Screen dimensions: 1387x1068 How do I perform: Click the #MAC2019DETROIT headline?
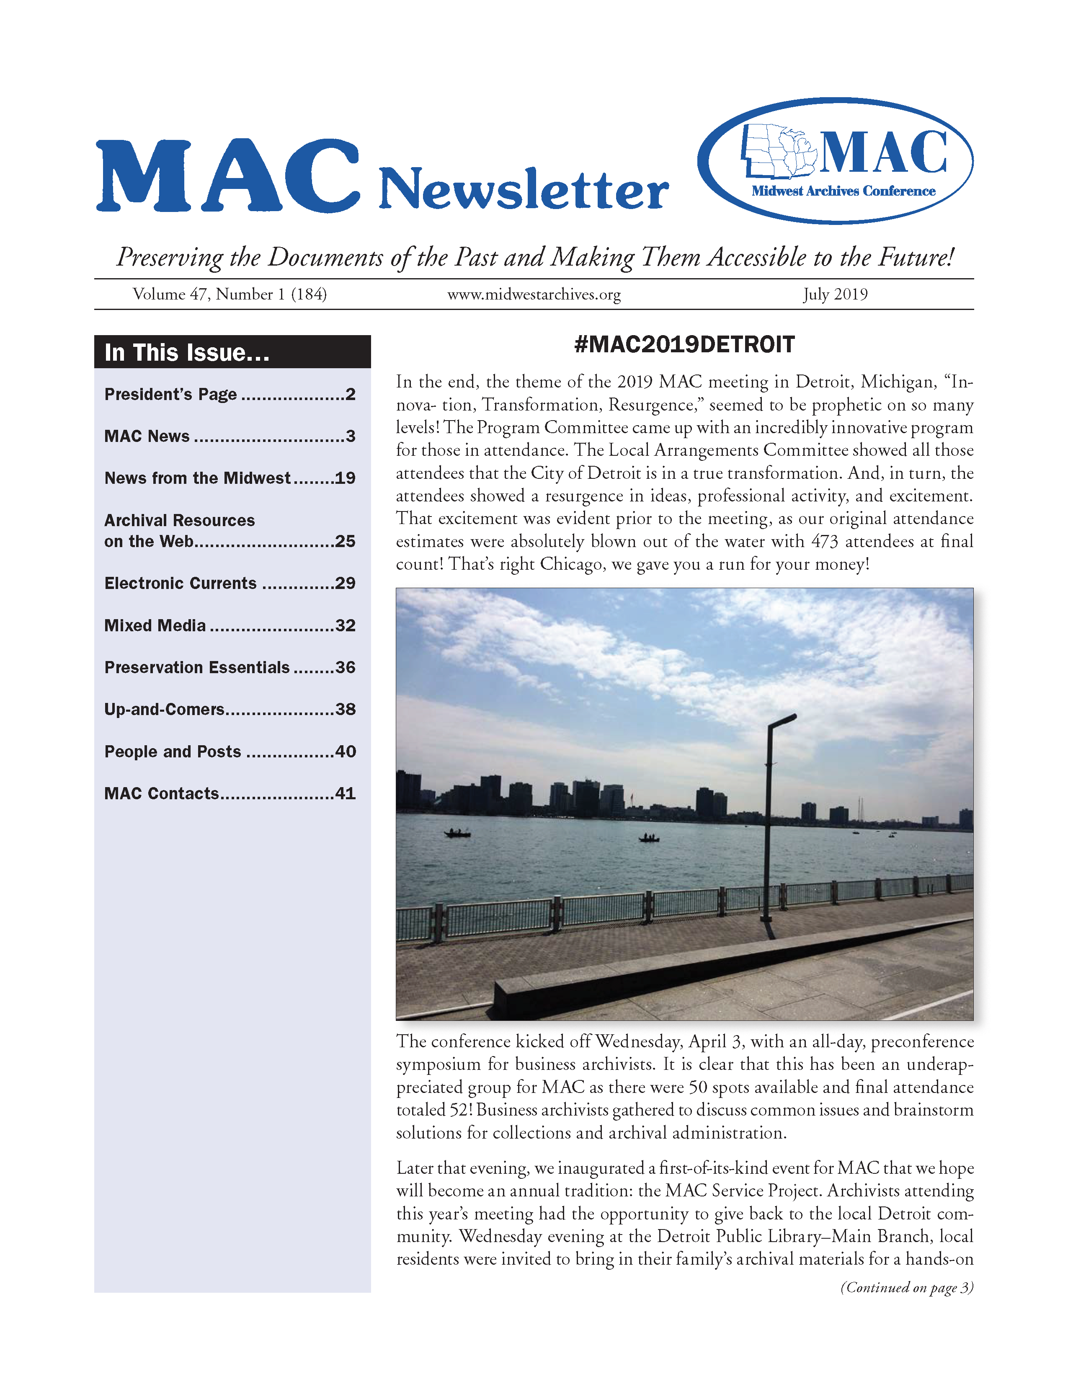pyautogui.click(x=684, y=345)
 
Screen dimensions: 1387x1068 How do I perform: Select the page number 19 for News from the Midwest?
pyautogui.click(x=345, y=478)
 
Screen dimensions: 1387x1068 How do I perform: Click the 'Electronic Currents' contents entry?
pyautogui.click(x=181, y=584)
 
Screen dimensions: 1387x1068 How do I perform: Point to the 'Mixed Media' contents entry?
pyautogui.click(x=155, y=625)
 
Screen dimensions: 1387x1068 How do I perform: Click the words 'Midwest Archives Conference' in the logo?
pyautogui.click(x=843, y=191)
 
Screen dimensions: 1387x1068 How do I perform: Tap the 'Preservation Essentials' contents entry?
pyautogui.click(x=197, y=667)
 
